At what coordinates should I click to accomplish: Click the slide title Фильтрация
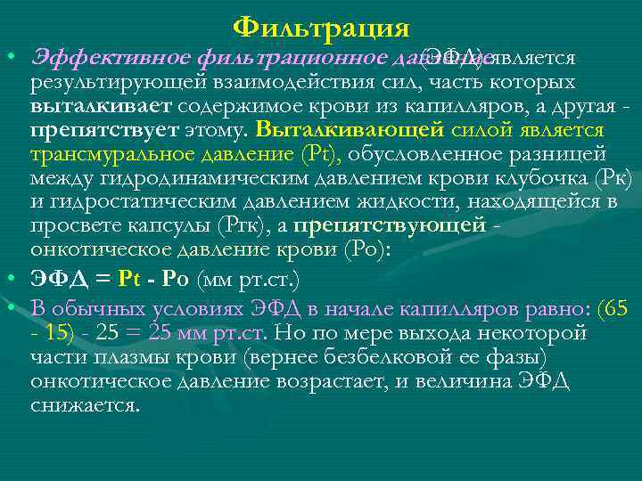click(x=321, y=27)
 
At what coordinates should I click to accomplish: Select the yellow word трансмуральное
click(x=111, y=155)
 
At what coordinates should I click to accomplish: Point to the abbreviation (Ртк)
click(x=259, y=226)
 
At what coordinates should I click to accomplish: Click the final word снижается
click(x=84, y=405)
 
